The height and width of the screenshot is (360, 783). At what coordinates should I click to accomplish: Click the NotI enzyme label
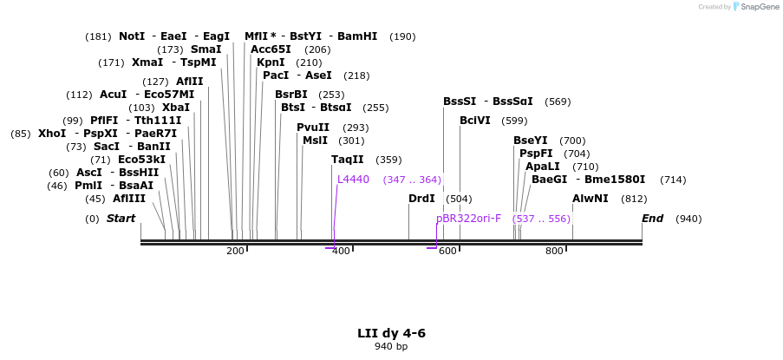132,36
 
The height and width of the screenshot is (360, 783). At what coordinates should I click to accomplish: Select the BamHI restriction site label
357,36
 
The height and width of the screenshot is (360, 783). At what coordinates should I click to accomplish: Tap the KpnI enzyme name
271,62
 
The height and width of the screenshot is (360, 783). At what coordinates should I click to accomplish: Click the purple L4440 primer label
353,180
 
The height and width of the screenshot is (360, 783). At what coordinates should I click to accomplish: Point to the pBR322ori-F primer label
468,219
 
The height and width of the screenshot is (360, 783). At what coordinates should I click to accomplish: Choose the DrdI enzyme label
421,199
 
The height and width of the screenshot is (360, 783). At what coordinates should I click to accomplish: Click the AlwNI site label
591,199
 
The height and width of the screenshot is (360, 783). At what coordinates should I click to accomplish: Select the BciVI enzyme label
475,121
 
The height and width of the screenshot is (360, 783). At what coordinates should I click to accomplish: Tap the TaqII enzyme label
348,160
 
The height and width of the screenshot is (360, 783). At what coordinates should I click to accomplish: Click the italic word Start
121,219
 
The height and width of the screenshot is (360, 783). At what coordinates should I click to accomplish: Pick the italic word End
653,219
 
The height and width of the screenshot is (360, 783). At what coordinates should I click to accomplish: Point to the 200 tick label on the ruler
235,252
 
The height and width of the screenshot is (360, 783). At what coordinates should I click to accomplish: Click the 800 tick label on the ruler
554,252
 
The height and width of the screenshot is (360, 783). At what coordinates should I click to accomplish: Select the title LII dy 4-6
391,333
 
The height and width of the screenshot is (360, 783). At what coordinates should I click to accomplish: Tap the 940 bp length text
391,347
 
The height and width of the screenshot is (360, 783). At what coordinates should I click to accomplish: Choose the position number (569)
558,101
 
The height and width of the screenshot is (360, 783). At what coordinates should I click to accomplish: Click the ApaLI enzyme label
543,167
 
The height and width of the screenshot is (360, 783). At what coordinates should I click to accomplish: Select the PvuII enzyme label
313,128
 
